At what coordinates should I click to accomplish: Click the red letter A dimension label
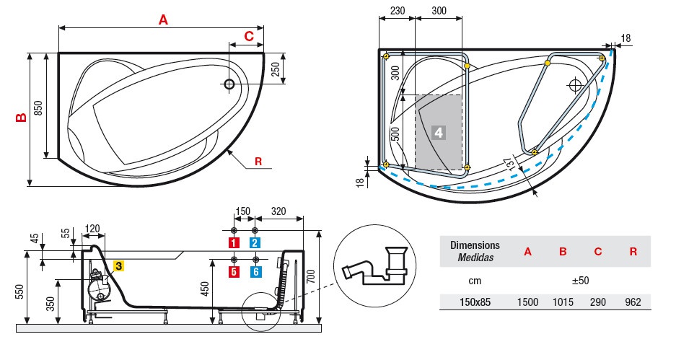pos(163,20)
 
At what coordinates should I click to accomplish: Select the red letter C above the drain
pos(248,36)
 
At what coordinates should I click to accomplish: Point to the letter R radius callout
pos(258,161)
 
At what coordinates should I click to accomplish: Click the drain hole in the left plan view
pos(229,84)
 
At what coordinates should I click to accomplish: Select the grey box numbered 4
pos(438,132)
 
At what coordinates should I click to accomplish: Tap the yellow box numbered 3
pos(118,265)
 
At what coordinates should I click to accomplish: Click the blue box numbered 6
pos(255,271)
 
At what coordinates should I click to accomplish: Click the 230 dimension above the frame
pos(396,12)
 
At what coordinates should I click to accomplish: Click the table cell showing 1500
pos(527,302)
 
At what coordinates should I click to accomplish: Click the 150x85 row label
pos(470,302)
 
